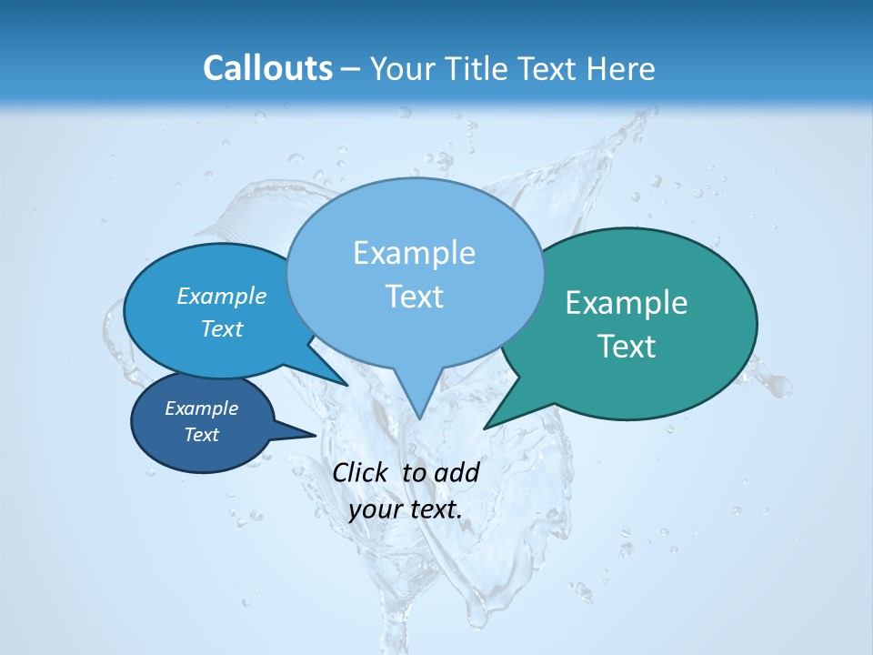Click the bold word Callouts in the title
[x=267, y=68]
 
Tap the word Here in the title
[x=623, y=69]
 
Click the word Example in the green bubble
[x=627, y=303]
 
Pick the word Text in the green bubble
[x=627, y=346]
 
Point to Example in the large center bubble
[x=414, y=253]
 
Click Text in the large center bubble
[x=414, y=297]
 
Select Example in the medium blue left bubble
[x=221, y=296]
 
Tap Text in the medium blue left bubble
[x=221, y=328]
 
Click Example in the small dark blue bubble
[x=201, y=408]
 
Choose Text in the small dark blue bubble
[x=201, y=435]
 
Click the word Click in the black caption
[x=362, y=472]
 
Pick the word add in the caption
[x=456, y=472]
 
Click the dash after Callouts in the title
[x=351, y=69]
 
